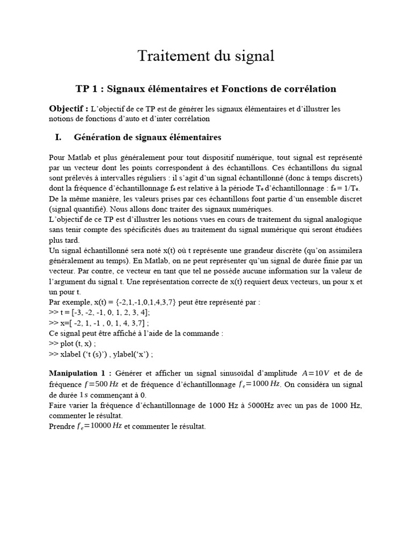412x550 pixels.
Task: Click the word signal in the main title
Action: click(x=253, y=56)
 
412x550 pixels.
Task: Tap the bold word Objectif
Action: click(x=69, y=108)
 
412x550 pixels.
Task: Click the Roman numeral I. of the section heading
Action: click(x=58, y=137)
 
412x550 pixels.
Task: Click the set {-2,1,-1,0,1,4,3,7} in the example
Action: click(x=144, y=302)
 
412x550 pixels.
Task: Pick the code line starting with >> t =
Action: click(x=99, y=312)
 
